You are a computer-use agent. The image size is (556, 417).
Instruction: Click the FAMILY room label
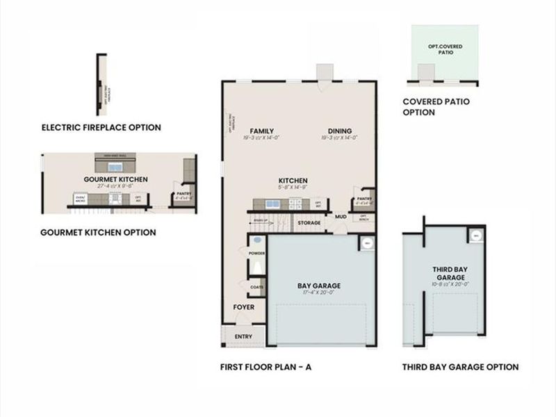pyautogui.click(x=261, y=131)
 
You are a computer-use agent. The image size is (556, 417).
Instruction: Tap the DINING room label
pyautogui.click(x=339, y=131)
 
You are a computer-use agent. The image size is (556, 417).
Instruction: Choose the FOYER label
pyautogui.click(x=243, y=306)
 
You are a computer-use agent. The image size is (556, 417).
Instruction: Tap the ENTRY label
pyautogui.click(x=243, y=336)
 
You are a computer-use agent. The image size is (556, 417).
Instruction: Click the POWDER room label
pyautogui.click(x=256, y=253)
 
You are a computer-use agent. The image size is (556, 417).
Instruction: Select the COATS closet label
pyautogui.click(x=256, y=286)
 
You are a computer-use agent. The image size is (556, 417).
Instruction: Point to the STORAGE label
pyautogui.click(x=309, y=223)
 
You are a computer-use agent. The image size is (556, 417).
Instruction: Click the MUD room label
pyautogui.click(x=341, y=217)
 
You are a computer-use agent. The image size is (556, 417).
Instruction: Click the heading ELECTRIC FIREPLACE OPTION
pyautogui.click(x=101, y=127)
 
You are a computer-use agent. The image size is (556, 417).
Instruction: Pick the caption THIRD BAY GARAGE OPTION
pyautogui.click(x=460, y=367)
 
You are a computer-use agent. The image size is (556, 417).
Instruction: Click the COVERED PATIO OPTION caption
pyautogui.click(x=436, y=106)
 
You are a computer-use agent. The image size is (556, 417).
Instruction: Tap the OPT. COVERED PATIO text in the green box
pyautogui.click(x=445, y=49)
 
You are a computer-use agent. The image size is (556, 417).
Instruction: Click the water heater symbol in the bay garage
pyautogui.click(x=366, y=243)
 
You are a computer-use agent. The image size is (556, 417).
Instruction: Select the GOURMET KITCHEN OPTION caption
pyautogui.click(x=98, y=232)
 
